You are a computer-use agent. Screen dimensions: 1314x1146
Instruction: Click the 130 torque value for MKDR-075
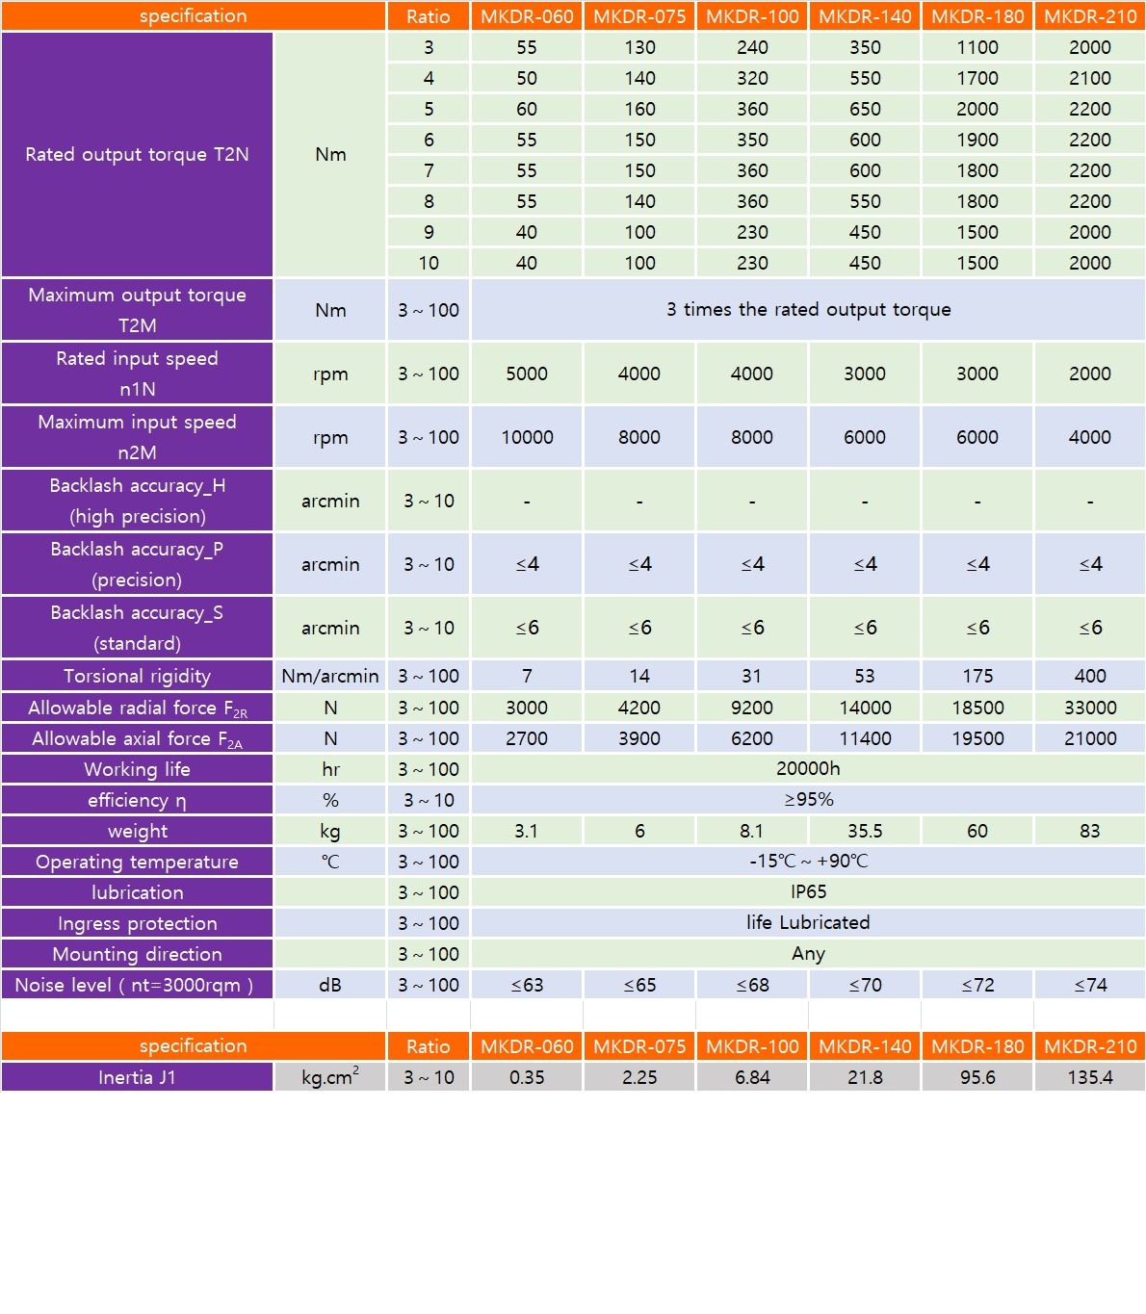[x=639, y=47]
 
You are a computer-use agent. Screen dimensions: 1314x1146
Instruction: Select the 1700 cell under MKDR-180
[x=977, y=78]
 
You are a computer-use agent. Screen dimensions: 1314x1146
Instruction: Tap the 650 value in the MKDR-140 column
[x=865, y=109]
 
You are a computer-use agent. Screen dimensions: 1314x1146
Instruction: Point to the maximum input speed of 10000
[x=527, y=437]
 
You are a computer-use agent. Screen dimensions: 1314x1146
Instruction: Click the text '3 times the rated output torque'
[x=808, y=309]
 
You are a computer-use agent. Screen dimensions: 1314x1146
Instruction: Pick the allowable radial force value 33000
[x=1090, y=708]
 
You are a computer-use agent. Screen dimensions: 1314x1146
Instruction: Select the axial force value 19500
[x=977, y=738]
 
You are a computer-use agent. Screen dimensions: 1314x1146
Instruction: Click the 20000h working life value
[x=808, y=768]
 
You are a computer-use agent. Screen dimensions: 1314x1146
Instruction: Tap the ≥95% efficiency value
[x=808, y=799]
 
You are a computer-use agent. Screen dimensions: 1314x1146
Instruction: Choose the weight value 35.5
[x=865, y=831]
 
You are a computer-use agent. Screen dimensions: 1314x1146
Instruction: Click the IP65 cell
[x=808, y=891]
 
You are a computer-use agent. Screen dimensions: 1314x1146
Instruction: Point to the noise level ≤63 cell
[x=527, y=985]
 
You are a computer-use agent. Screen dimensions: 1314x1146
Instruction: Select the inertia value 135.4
[x=1090, y=1077]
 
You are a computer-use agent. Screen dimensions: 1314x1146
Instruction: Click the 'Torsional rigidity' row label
[x=137, y=676]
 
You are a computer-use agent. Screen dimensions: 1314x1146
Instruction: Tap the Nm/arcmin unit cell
[x=330, y=676]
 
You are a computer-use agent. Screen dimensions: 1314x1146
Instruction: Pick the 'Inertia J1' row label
[x=137, y=1077]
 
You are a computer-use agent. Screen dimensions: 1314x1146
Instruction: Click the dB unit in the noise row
[x=330, y=985]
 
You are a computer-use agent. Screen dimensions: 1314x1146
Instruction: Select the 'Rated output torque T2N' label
[x=137, y=154]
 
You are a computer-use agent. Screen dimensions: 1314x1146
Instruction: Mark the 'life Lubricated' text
[x=808, y=922]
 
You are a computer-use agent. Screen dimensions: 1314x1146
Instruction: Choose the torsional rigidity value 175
[x=977, y=676]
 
